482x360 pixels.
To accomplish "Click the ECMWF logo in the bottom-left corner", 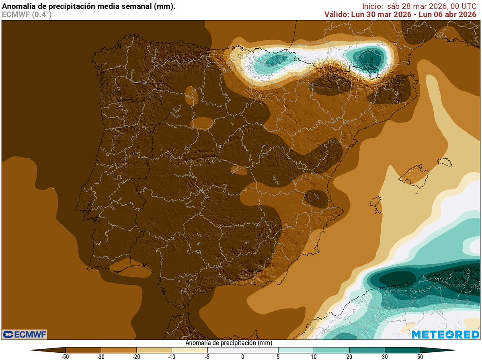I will tap(25, 334).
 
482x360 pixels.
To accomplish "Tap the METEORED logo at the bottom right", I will tap(445, 334).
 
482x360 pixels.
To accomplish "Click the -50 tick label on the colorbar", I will tap(65, 356).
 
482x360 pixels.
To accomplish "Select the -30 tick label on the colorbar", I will tap(101, 356).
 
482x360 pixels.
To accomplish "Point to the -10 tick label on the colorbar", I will tap(172, 356).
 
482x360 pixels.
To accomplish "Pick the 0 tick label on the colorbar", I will tap(243, 356).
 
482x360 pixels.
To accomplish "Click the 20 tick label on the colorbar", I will tap(349, 356).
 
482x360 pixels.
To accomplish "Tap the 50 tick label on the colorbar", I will tap(420, 356).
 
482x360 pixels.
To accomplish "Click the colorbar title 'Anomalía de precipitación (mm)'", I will tap(229, 344).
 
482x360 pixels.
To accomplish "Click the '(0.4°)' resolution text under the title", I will tap(41, 14).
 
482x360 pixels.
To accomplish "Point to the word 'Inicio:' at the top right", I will tap(374, 6).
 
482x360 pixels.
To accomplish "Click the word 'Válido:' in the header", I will tap(336, 14).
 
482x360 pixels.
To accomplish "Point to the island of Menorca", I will tap(445, 162).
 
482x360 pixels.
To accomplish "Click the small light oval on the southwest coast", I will tap(131, 269).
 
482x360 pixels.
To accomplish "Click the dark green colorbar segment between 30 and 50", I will tap(402, 350).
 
